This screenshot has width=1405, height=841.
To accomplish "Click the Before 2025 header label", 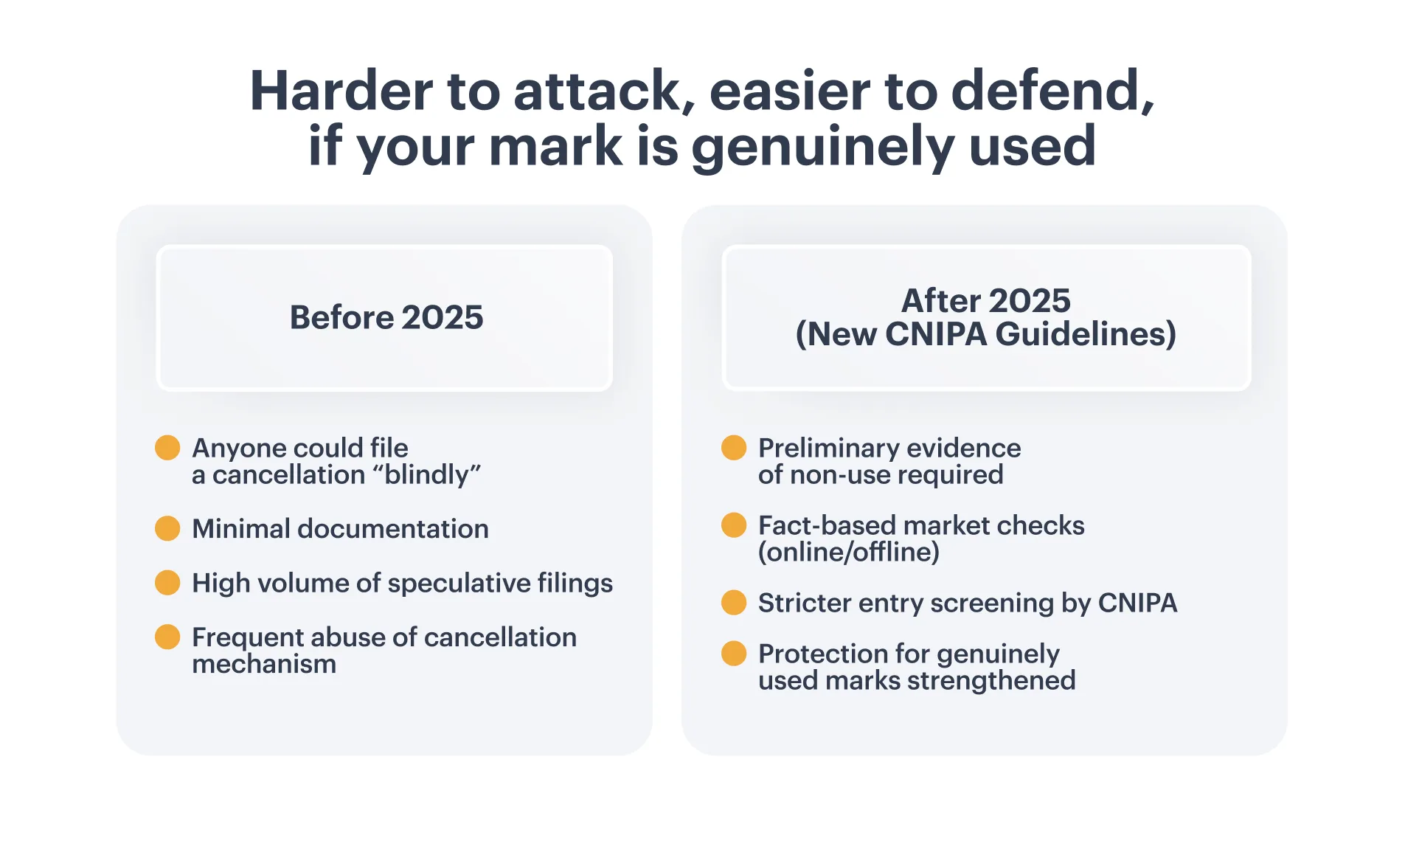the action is coord(386,317).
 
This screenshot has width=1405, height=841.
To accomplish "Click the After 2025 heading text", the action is coord(986,301).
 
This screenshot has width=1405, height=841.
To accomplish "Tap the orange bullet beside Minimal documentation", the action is coord(167,528).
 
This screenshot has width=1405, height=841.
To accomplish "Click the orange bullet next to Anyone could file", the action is coord(167,448).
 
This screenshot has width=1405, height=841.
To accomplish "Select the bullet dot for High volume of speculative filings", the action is coord(167,582).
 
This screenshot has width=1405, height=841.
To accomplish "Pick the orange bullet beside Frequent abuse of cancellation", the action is coord(167,637).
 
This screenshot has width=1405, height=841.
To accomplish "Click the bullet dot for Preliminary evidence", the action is coord(734,448).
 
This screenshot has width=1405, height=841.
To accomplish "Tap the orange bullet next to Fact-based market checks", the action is coord(734,525).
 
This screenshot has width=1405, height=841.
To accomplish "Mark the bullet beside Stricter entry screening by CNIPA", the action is coord(734,602).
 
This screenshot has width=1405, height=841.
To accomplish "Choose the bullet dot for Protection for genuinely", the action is coord(734,653).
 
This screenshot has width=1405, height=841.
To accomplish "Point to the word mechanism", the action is coord(264,664).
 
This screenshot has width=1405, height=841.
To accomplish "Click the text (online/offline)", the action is coord(849,552).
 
